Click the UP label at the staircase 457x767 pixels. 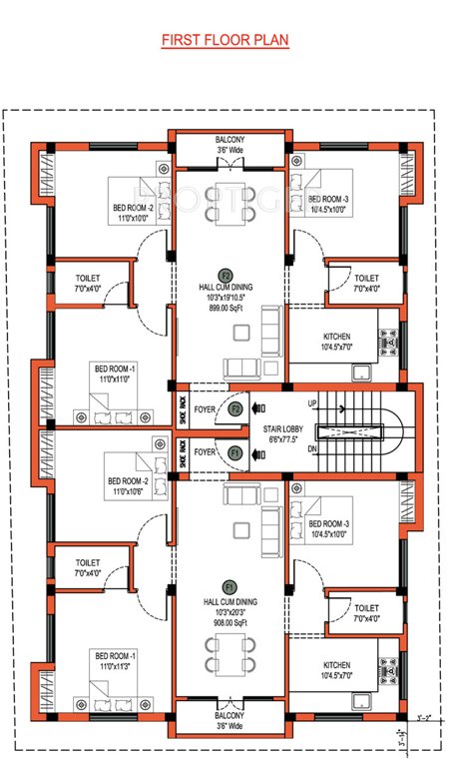[x=312, y=402]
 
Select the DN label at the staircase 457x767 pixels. [x=312, y=450]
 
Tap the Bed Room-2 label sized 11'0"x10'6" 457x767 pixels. [x=127, y=486]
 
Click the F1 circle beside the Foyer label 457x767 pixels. [x=236, y=452]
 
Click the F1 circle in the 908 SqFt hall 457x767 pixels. [x=228, y=587]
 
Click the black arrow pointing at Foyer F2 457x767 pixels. [x=257, y=407]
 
